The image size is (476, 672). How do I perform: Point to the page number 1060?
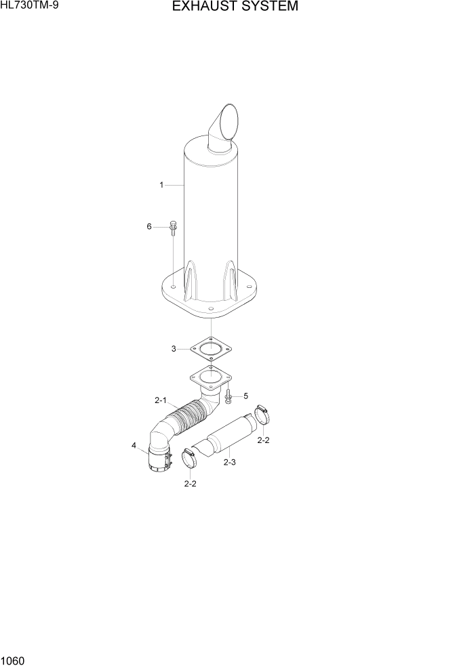[14, 658]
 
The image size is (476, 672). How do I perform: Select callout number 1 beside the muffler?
[161, 184]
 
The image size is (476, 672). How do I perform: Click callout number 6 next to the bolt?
[149, 227]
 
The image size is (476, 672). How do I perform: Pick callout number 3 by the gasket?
[174, 349]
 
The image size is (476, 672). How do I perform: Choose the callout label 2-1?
[161, 400]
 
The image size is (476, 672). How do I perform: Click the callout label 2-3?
[229, 462]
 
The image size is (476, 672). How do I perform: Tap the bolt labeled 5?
[228, 396]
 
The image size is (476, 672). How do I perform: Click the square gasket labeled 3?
[211, 350]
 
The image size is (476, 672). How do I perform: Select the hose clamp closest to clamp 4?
[190, 460]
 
